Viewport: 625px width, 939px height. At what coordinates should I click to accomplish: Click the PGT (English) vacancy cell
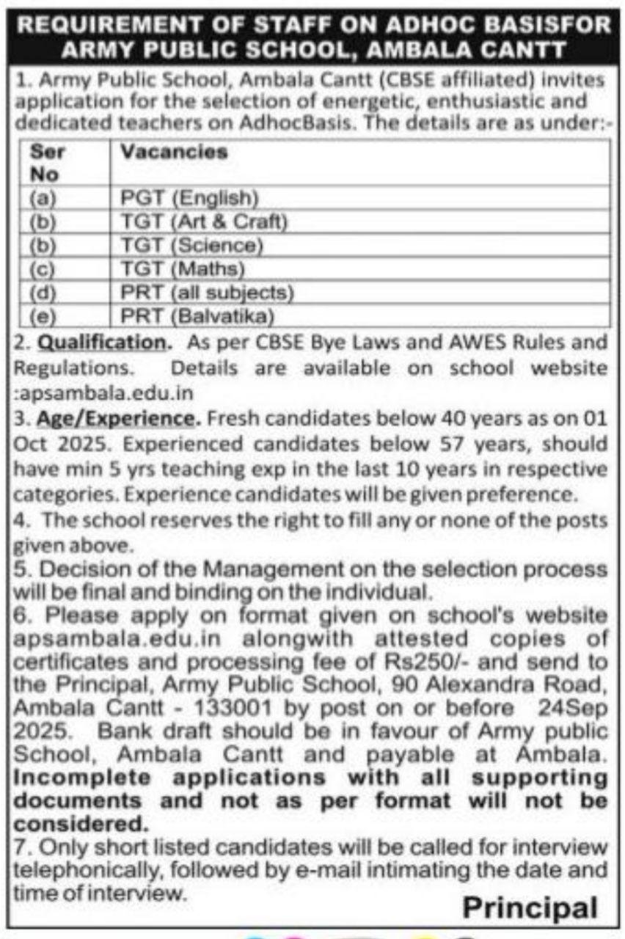(190, 198)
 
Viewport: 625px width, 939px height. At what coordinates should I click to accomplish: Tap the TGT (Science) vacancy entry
(191, 245)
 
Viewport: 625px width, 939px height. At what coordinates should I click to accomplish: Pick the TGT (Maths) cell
(183, 268)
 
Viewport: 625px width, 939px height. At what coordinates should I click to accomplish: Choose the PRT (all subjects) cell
(207, 293)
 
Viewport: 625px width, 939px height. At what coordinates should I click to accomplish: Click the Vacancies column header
(174, 152)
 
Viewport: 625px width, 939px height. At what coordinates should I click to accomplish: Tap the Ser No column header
(46, 163)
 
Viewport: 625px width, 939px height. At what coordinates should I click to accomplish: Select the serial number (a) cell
(43, 198)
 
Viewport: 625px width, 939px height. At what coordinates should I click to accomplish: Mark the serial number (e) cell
(43, 316)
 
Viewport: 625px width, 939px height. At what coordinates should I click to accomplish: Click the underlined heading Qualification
(102, 342)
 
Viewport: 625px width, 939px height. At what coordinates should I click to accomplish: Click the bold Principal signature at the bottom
(530, 907)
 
